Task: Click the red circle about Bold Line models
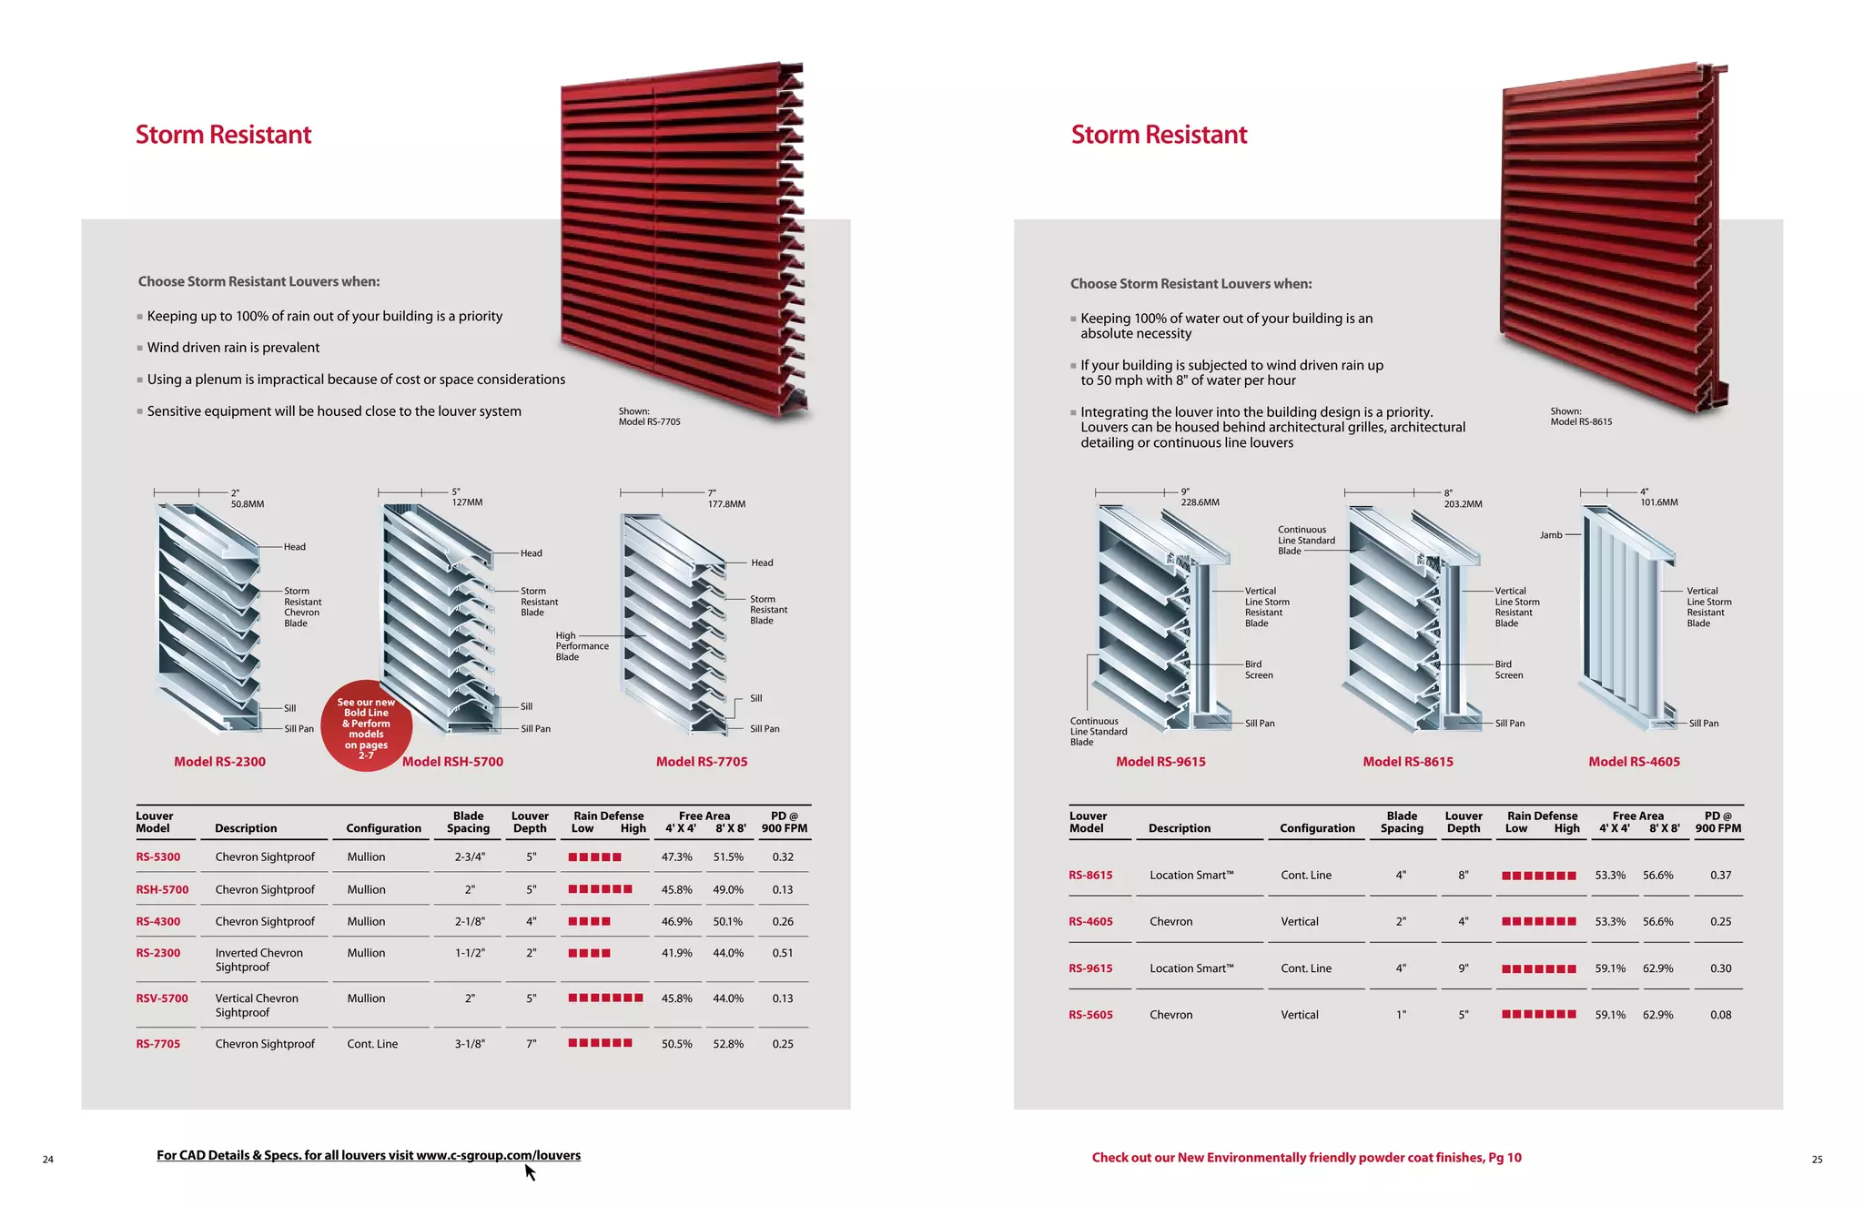point(366,726)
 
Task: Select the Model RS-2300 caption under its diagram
point(219,762)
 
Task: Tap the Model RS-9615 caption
point(1160,762)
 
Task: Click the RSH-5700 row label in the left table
point(162,889)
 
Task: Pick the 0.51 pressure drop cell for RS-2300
point(783,953)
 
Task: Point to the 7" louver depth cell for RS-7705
point(531,1044)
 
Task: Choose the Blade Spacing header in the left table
point(468,822)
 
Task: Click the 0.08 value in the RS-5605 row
point(1720,1015)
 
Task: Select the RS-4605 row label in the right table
point(1090,921)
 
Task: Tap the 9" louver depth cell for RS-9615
point(1464,968)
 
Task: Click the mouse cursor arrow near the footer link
point(530,1172)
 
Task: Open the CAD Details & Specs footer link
point(368,1155)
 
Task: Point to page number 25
point(1817,1160)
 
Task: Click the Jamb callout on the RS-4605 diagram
point(1551,535)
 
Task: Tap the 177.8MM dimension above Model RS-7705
point(726,504)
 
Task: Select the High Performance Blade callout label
point(582,646)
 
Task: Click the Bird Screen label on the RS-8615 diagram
point(1508,670)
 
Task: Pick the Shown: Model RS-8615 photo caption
point(1581,417)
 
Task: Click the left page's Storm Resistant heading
point(223,135)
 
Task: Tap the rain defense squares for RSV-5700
point(605,998)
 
